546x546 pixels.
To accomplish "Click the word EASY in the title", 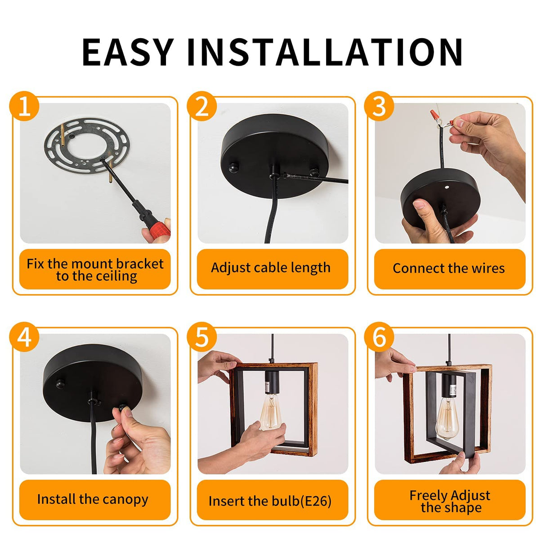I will click(x=128, y=52).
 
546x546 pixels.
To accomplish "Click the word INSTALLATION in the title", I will click(x=325, y=52).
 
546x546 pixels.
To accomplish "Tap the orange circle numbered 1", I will click(x=25, y=107).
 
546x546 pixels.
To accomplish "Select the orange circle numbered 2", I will click(x=202, y=107).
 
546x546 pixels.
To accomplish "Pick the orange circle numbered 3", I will click(x=379, y=107).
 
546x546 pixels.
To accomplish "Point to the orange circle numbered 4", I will click(x=25, y=337).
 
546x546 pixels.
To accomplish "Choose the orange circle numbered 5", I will click(x=202, y=337).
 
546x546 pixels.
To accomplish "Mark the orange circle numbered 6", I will click(x=379, y=337).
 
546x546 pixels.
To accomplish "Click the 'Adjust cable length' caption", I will click(x=271, y=268).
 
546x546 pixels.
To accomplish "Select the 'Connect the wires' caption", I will click(x=448, y=269).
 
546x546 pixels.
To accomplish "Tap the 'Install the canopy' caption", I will click(x=93, y=499).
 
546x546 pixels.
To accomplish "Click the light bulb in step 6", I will click(x=446, y=416).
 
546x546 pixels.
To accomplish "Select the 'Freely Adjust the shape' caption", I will click(x=450, y=501).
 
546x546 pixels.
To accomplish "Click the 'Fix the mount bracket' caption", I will click(x=95, y=269).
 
